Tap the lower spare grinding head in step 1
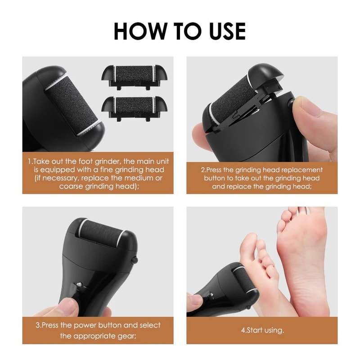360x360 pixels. pos(134,109)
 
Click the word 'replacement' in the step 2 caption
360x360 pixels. pos(302,170)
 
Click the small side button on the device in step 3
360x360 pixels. pos(135,260)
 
